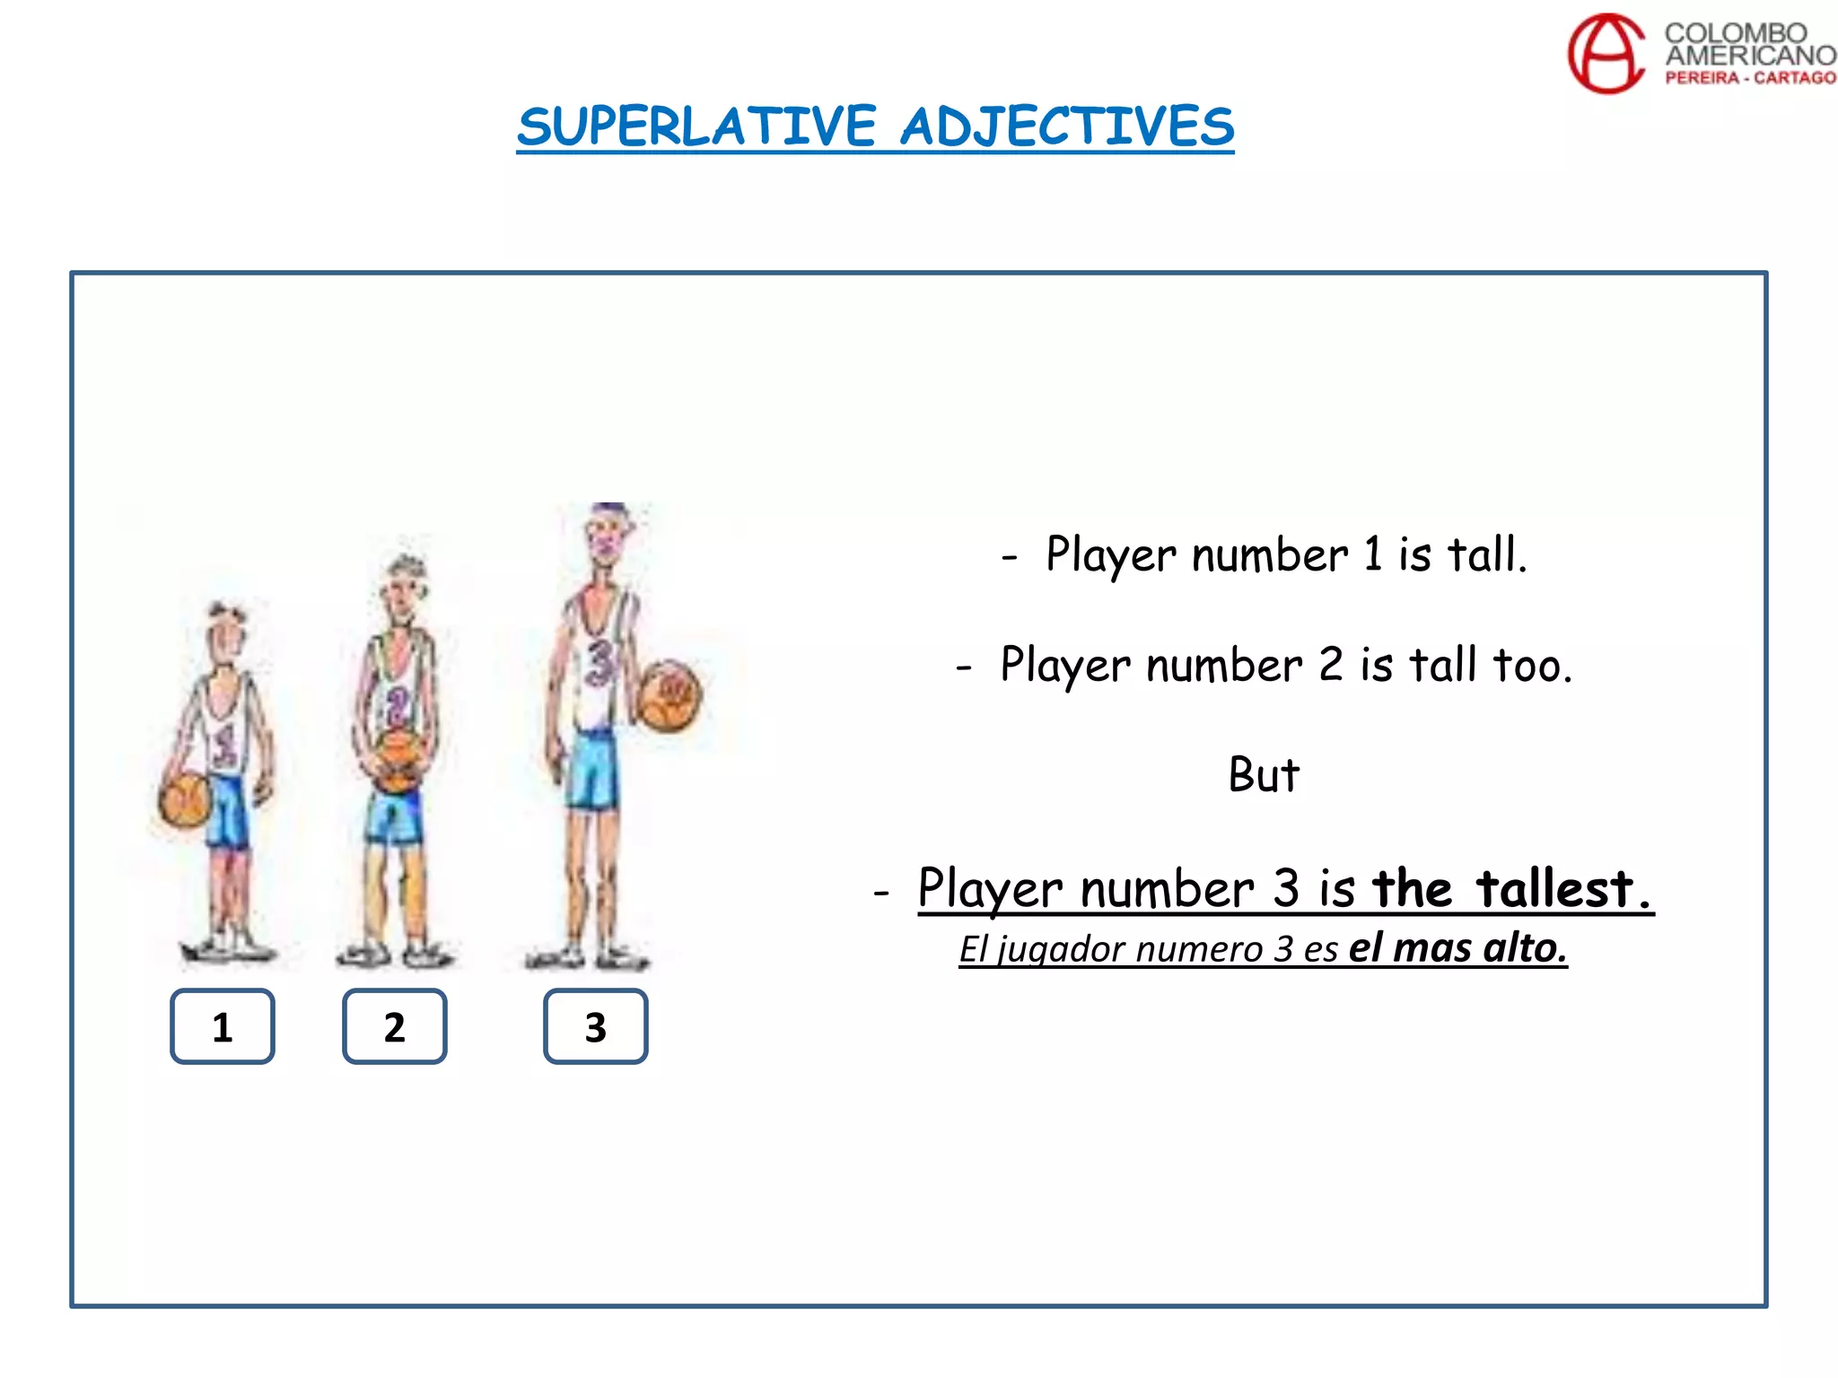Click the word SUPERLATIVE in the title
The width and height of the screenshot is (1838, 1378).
tap(696, 126)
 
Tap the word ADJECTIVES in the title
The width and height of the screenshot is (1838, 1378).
tap(1067, 126)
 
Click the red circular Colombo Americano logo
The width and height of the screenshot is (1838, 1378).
tap(1606, 54)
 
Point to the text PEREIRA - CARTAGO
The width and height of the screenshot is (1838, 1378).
tap(1750, 78)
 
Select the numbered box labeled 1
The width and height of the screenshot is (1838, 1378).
tap(223, 1026)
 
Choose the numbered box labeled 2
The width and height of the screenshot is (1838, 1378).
tap(395, 1026)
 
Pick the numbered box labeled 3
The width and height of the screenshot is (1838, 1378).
tap(595, 1026)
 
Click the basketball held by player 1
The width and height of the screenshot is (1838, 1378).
tap(185, 799)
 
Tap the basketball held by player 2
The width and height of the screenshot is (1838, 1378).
tap(397, 761)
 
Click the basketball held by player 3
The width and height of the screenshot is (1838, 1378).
tap(670, 695)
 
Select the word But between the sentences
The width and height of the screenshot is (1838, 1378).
tap(1264, 775)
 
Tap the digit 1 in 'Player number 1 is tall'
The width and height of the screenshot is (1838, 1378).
tap(1372, 554)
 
